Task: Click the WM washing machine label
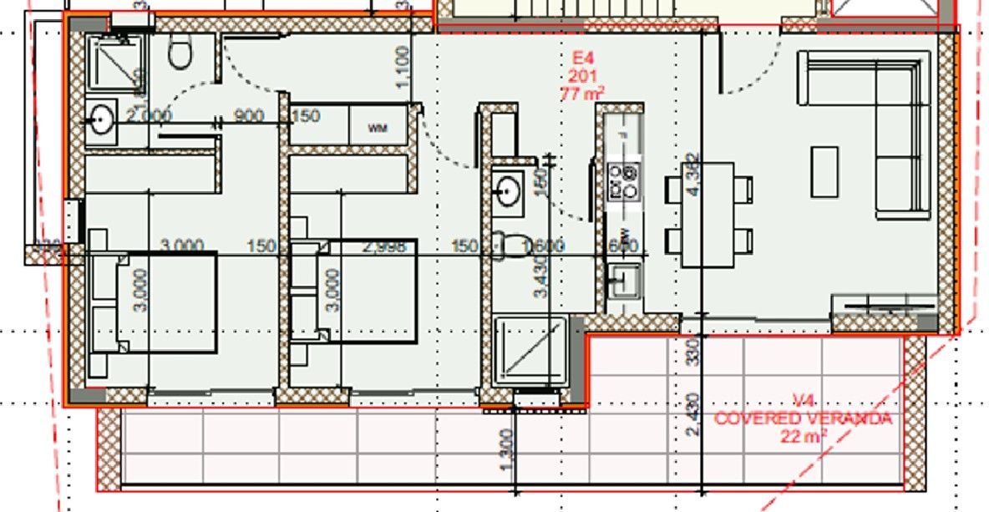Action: pos(378,129)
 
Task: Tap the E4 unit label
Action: pos(583,58)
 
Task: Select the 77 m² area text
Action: pos(583,93)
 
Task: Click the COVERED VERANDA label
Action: pos(803,418)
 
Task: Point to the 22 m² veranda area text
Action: pos(803,434)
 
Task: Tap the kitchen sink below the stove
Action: pos(623,278)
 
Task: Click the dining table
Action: pos(708,215)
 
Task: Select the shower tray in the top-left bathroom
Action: pos(114,65)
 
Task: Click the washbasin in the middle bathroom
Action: pos(507,191)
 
